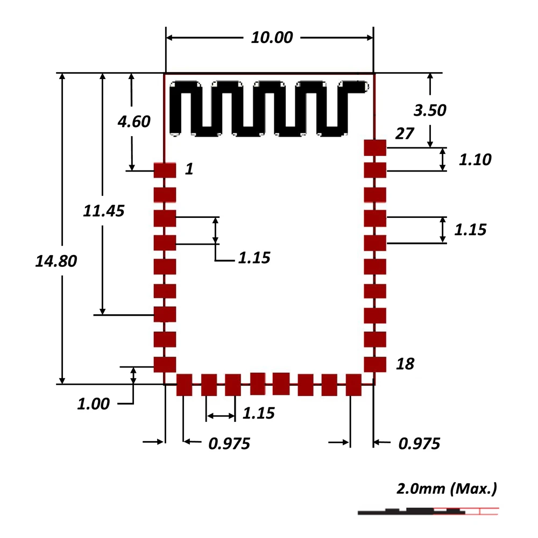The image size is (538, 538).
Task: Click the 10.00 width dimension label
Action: click(x=272, y=38)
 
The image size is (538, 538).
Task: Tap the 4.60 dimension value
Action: click(x=134, y=122)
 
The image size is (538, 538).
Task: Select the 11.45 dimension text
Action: click(x=104, y=211)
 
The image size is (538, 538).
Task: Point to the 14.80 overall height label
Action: click(x=56, y=261)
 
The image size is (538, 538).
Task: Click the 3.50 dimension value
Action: click(x=430, y=110)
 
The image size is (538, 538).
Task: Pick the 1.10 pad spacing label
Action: click(x=475, y=160)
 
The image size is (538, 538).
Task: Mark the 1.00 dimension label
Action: click(x=93, y=404)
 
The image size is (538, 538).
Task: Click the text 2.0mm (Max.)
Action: click(x=446, y=489)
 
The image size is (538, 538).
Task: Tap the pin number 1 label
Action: click(x=188, y=169)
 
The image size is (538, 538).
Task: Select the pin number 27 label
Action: click(x=404, y=134)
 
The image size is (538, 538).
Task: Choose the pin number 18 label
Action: click(x=405, y=364)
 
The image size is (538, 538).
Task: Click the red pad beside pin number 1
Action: click(x=165, y=170)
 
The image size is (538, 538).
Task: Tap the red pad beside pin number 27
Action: click(x=375, y=146)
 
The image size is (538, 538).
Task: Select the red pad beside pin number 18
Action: click(x=375, y=364)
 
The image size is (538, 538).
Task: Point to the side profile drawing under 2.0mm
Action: click(x=425, y=511)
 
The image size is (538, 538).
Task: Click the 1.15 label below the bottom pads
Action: click(x=258, y=413)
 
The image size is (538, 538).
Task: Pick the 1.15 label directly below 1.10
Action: click(x=470, y=230)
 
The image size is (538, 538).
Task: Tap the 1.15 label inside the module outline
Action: click(x=254, y=258)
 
